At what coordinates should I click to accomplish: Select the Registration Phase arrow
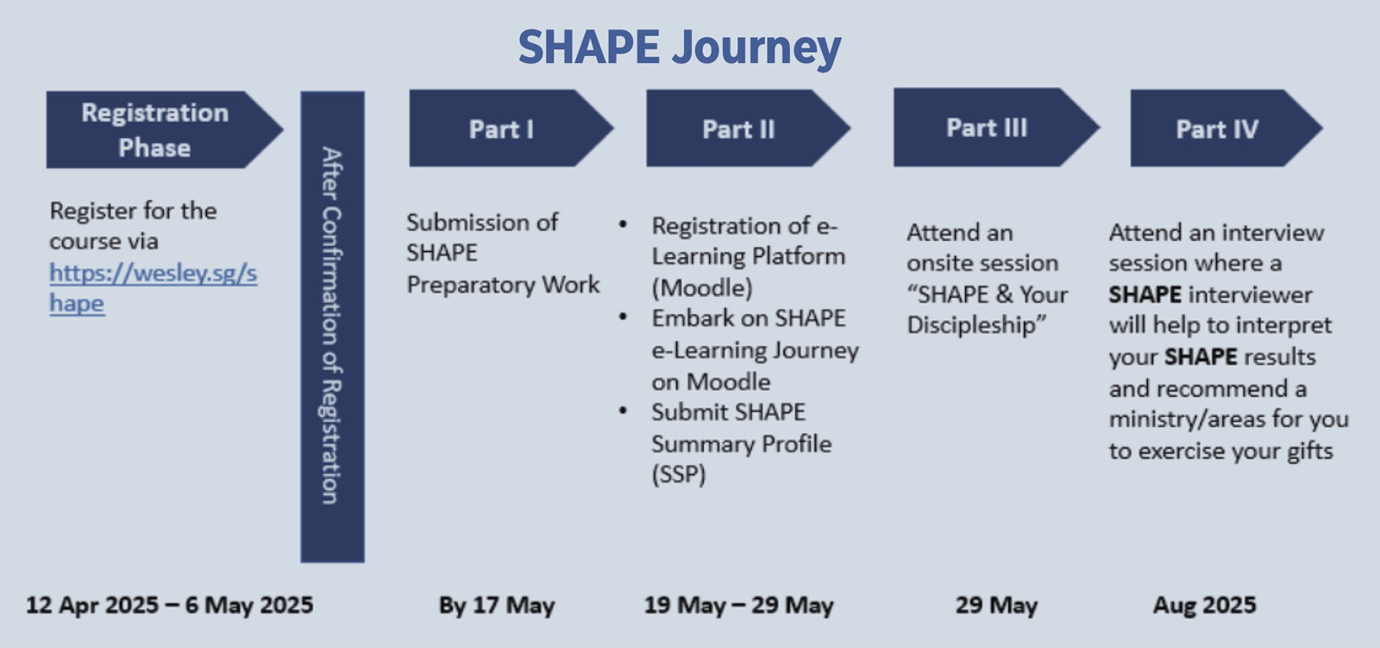click(165, 129)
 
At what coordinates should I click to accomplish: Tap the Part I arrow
click(511, 129)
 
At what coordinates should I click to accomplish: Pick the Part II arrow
click(749, 129)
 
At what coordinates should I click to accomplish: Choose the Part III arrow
click(996, 127)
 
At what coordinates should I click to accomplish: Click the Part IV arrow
click(1226, 129)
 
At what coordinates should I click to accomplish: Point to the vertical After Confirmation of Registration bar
click(333, 327)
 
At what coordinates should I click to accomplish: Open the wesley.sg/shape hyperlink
click(153, 288)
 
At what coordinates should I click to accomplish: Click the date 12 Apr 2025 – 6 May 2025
click(169, 605)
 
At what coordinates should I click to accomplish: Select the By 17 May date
click(497, 606)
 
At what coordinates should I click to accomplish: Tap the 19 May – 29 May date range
click(738, 606)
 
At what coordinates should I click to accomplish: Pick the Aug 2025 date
click(1204, 605)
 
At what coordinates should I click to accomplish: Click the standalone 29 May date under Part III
click(996, 606)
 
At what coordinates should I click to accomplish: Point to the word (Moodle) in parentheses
click(702, 288)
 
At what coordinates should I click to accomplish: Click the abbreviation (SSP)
click(678, 474)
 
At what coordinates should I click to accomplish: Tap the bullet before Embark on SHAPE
click(623, 317)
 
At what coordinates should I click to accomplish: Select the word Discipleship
click(976, 325)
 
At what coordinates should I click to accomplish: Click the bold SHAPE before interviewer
click(1145, 295)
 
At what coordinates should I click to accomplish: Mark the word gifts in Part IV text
click(1310, 451)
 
